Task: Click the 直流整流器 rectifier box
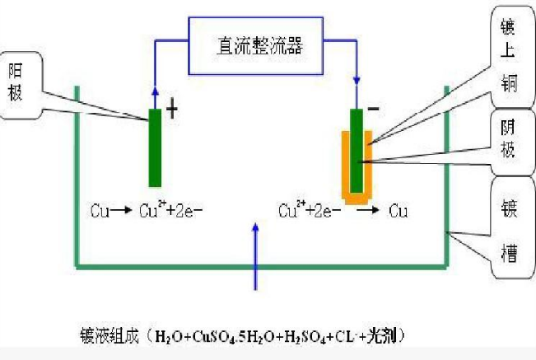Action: point(256,46)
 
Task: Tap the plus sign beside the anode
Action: point(172,110)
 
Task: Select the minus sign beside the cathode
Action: point(373,109)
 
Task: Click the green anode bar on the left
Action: point(155,147)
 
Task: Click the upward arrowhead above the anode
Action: point(155,91)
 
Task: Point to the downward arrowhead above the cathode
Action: point(357,81)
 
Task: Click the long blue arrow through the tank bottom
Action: point(255,256)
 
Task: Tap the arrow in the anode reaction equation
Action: point(121,210)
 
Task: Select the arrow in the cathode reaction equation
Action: point(368,209)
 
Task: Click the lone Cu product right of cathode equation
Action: point(398,211)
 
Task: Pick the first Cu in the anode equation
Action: point(100,211)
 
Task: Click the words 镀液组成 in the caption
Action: point(110,336)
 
